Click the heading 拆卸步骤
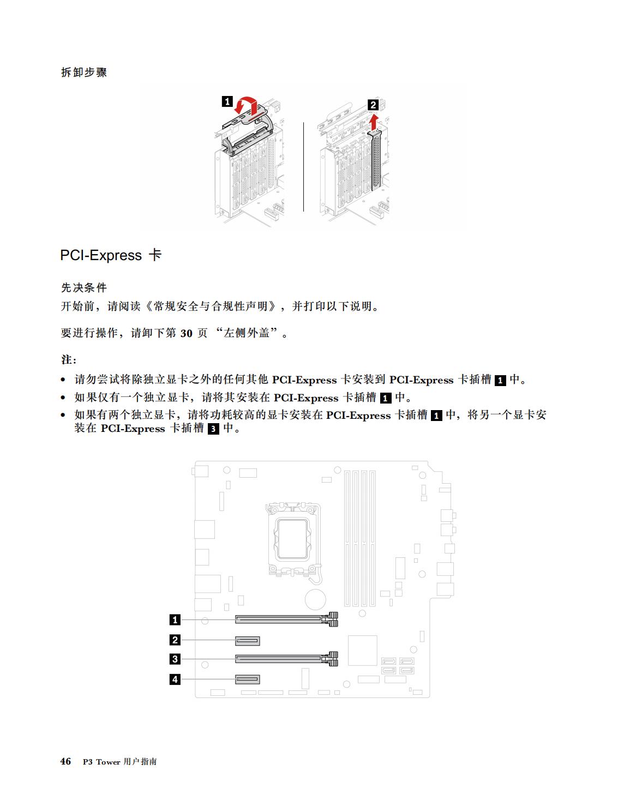coord(84,72)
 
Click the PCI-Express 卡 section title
coord(111,255)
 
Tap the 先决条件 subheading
coord(84,287)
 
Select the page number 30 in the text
coord(186,333)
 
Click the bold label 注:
coord(69,359)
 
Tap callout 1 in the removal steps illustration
coord(227,101)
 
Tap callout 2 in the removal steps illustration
coord(373,105)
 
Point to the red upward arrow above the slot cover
coord(374,122)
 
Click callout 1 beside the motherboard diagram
coord(175,619)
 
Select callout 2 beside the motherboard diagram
coord(175,640)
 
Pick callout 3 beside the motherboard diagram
coord(175,659)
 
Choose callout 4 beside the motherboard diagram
coord(175,679)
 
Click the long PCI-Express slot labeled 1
coord(286,619)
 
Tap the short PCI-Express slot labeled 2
coord(247,641)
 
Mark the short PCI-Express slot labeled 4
coord(247,679)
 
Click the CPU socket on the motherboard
coord(292,539)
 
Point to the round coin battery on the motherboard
coord(315,599)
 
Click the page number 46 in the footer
coord(65,761)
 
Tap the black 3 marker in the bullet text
coord(213,429)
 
